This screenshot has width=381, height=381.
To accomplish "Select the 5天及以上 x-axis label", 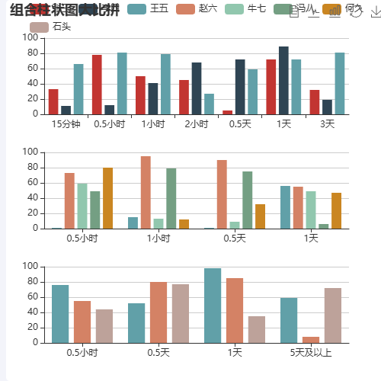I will tap(311, 352).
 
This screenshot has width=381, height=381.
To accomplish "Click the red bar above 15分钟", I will tap(53, 101).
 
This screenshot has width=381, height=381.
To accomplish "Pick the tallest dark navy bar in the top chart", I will tap(283, 80).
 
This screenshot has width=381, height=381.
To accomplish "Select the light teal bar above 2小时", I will tap(209, 104).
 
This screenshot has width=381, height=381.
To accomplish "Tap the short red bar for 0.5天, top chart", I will tap(228, 112).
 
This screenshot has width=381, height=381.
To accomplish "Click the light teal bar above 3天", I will tap(339, 83).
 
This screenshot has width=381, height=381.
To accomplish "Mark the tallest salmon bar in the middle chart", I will tap(146, 192).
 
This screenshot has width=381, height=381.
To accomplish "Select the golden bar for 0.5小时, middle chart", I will tap(107, 198).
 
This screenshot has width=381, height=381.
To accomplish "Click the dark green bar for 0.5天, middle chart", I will tap(248, 200).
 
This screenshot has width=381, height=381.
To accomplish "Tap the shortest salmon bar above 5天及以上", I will tap(311, 340).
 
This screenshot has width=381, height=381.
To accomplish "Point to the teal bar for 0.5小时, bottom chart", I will tap(60, 314).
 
